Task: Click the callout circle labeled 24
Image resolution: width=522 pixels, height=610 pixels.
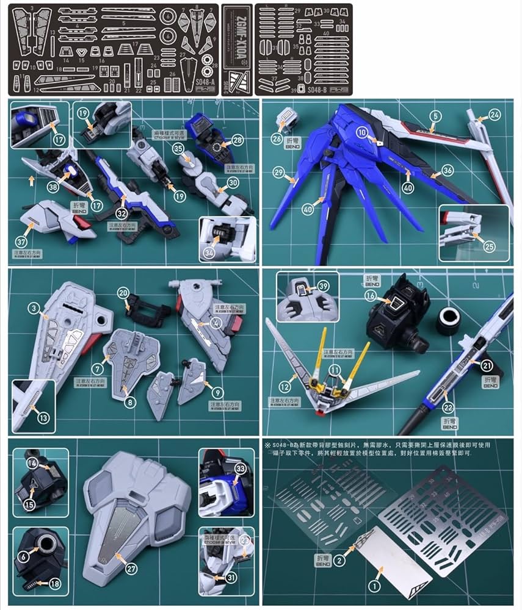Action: click(495, 114)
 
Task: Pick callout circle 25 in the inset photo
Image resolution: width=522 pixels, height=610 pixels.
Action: click(488, 246)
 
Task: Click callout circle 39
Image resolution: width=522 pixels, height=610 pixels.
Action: click(324, 286)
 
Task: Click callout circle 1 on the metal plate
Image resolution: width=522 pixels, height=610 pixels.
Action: click(375, 586)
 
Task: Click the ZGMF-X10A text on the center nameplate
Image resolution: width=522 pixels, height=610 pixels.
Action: click(236, 46)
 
